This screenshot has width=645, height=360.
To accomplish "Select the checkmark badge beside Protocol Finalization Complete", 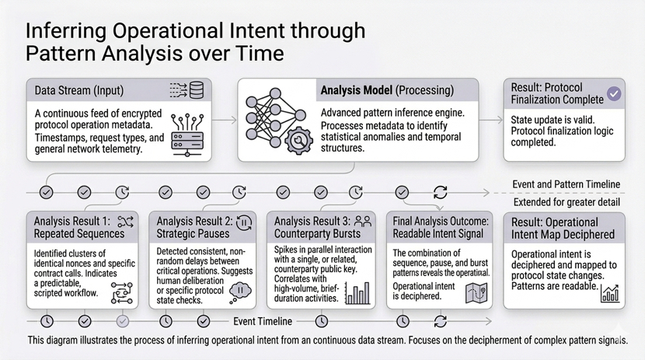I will (614, 93).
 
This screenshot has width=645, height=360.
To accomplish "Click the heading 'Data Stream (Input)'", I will (79, 91).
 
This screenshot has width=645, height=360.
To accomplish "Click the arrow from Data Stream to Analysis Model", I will (224, 121).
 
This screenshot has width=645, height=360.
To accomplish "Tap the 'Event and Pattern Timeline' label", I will (566, 184).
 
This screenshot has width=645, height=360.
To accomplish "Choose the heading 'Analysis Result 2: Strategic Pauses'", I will (193, 226).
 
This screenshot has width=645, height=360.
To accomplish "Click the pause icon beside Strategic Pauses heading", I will (244, 222).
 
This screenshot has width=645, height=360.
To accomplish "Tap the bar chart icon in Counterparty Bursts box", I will (359, 292).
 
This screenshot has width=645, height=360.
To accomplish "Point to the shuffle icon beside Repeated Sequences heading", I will (125, 221).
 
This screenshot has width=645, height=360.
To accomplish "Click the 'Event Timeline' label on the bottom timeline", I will (263, 320).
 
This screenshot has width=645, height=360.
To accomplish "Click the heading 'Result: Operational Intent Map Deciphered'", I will (563, 227).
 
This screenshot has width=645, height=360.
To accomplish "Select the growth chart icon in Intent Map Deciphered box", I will (609, 292).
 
